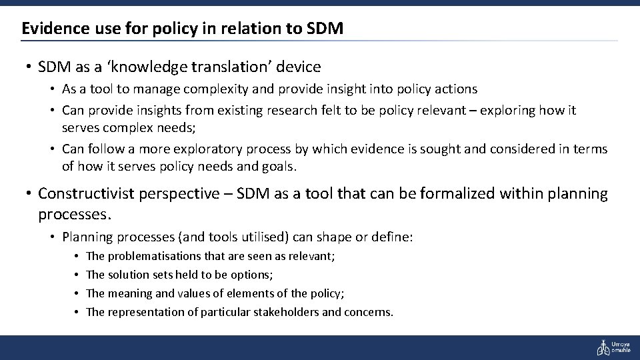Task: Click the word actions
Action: (455, 89)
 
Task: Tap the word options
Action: (254, 275)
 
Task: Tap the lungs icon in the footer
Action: (603, 347)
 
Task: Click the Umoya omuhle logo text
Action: (622, 347)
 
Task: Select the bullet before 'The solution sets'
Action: (77, 275)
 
